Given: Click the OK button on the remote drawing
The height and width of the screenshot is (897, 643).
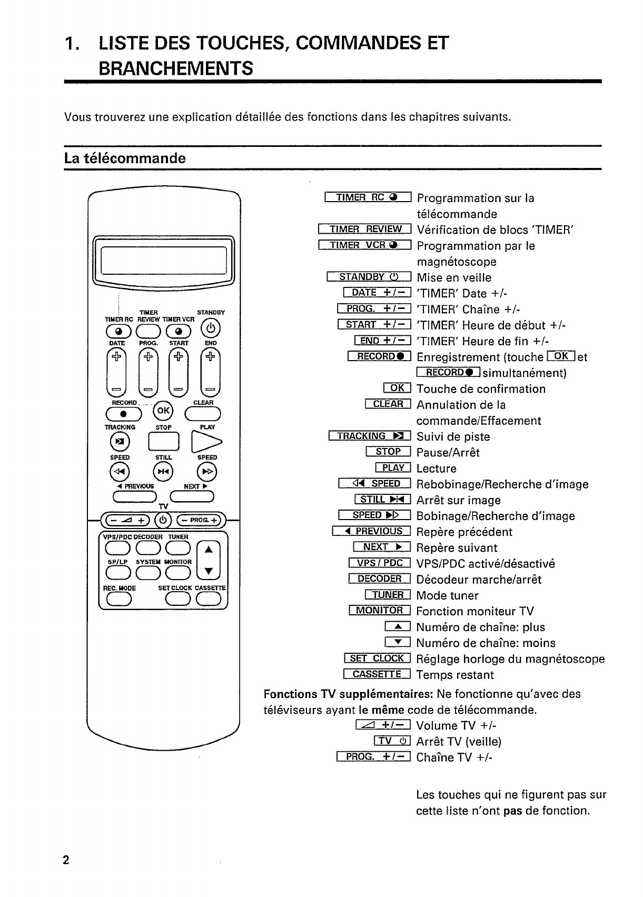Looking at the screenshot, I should (163, 411).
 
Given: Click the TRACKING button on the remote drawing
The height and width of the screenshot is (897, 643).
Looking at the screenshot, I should (120, 441).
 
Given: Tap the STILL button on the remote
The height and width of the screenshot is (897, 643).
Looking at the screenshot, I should (163, 471).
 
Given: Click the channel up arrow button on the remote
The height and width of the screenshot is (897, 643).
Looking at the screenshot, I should (209, 549).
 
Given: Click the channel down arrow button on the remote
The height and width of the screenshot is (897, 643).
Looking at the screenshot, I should (209, 571).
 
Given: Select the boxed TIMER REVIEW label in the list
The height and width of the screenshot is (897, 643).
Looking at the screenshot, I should (364, 229).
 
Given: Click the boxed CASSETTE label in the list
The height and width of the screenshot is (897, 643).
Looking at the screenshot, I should (377, 674).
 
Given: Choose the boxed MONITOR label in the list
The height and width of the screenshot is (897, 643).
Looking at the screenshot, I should (379, 611).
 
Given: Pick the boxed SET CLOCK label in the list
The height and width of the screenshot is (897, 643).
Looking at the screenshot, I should (377, 659).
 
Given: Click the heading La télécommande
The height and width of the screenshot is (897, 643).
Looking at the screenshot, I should (125, 158).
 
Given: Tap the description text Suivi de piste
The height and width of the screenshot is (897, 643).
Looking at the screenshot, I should (453, 436).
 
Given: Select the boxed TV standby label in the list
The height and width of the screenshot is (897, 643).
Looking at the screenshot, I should (392, 741).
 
